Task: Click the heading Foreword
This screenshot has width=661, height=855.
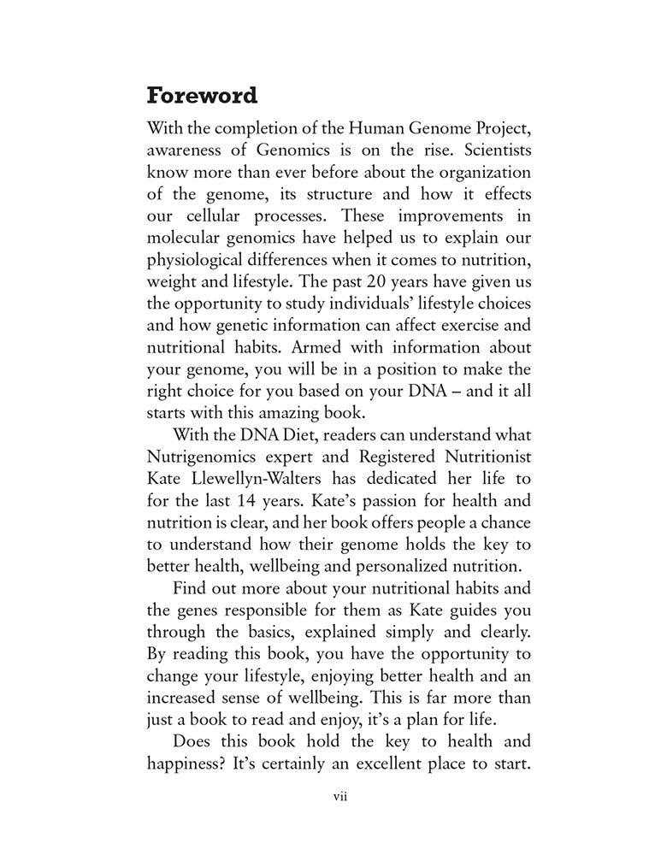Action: click(x=202, y=94)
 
